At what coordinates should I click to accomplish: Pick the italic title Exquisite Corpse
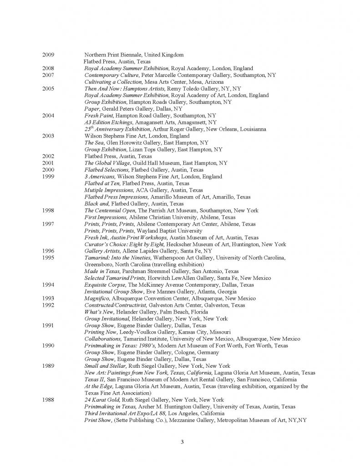click(x=104, y=285)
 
